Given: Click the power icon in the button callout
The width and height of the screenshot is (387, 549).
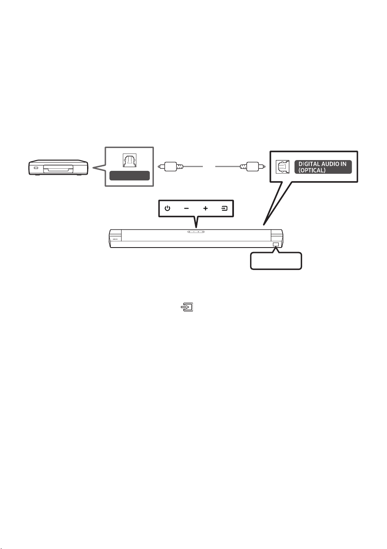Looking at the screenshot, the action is pyautogui.click(x=167, y=208).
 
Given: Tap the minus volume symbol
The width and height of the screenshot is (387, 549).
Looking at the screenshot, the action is pyautogui.click(x=186, y=209).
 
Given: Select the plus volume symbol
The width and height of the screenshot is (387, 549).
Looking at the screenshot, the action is pyautogui.click(x=205, y=208).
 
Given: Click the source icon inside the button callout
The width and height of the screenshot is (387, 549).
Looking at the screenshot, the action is pyautogui.click(x=224, y=208).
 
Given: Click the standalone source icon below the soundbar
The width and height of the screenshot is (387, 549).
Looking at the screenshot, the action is pyautogui.click(x=187, y=307).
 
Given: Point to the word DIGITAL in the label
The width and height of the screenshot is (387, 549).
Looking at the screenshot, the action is pyautogui.click(x=308, y=164).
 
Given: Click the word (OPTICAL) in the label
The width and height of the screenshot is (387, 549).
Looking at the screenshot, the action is pyautogui.click(x=312, y=170).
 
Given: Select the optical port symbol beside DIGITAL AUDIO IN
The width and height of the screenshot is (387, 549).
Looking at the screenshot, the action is pyautogui.click(x=282, y=167).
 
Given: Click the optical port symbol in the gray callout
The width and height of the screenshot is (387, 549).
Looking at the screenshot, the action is pyautogui.click(x=129, y=160).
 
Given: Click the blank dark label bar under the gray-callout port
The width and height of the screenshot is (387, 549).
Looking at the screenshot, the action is pyautogui.click(x=129, y=175).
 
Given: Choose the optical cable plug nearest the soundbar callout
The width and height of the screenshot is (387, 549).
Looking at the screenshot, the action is pyautogui.click(x=253, y=166).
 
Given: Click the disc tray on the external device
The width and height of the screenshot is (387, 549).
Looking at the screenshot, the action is pyautogui.click(x=58, y=169).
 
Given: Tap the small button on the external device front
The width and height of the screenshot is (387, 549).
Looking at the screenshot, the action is pyautogui.click(x=36, y=168).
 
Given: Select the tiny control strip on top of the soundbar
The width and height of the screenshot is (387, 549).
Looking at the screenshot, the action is pyautogui.click(x=196, y=232).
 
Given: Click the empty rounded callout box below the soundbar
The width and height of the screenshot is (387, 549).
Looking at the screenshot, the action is pyautogui.click(x=276, y=261).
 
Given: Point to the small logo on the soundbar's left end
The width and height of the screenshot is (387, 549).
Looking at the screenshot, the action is pyautogui.click(x=115, y=239).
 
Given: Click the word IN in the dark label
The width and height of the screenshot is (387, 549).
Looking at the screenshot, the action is pyautogui.click(x=343, y=164).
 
